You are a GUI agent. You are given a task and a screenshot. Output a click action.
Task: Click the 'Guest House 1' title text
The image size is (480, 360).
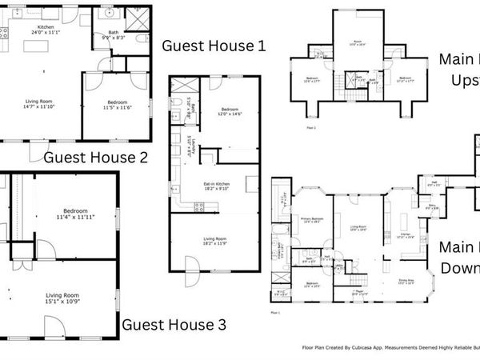[213, 46]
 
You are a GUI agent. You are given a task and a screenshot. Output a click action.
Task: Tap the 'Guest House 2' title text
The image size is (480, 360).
[95, 158]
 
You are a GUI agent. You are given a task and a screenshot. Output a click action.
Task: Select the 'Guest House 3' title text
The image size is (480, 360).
[174, 325]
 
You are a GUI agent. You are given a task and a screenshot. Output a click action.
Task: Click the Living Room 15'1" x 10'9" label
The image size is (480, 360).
[62, 301]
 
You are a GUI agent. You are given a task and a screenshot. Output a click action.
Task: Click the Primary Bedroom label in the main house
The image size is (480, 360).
[311, 220]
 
